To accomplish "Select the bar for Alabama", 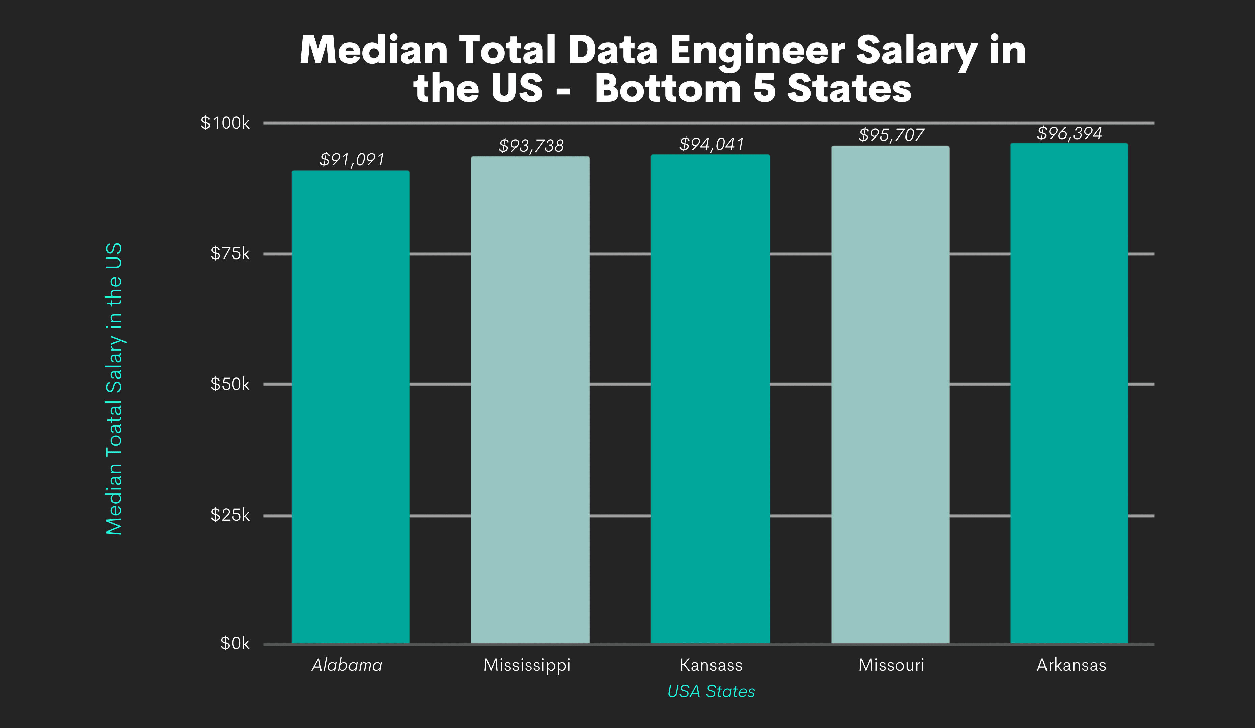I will pyautogui.click(x=351, y=407).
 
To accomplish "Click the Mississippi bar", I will pyautogui.click(x=530, y=400).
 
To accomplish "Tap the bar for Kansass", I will pyautogui.click(x=710, y=399).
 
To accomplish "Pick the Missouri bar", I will pyautogui.click(x=890, y=395).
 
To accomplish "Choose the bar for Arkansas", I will pyautogui.click(x=1069, y=393).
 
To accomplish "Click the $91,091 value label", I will pyautogui.click(x=352, y=160).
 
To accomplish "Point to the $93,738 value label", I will pyautogui.click(x=531, y=146).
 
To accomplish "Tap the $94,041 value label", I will pyautogui.click(x=711, y=144).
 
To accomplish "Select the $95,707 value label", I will pyautogui.click(x=891, y=135).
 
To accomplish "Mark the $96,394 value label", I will pyautogui.click(x=1070, y=133).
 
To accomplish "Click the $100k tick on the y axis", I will pyautogui.click(x=225, y=123).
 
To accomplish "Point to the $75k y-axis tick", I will pyautogui.click(x=230, y=254).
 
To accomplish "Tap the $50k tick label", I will pyautogui.click(x=230, y=384).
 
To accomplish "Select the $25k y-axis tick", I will pyautogui.click(x=230, y=515).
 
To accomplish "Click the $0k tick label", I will pyautogui.click(x=234, y=644).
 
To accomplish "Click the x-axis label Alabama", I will pyautogui.click(x=347, y=665).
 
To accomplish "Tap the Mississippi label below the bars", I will pyautogui.click(x=527, y=665).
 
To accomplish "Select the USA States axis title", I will pyautogui.click(x=711, y=692).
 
